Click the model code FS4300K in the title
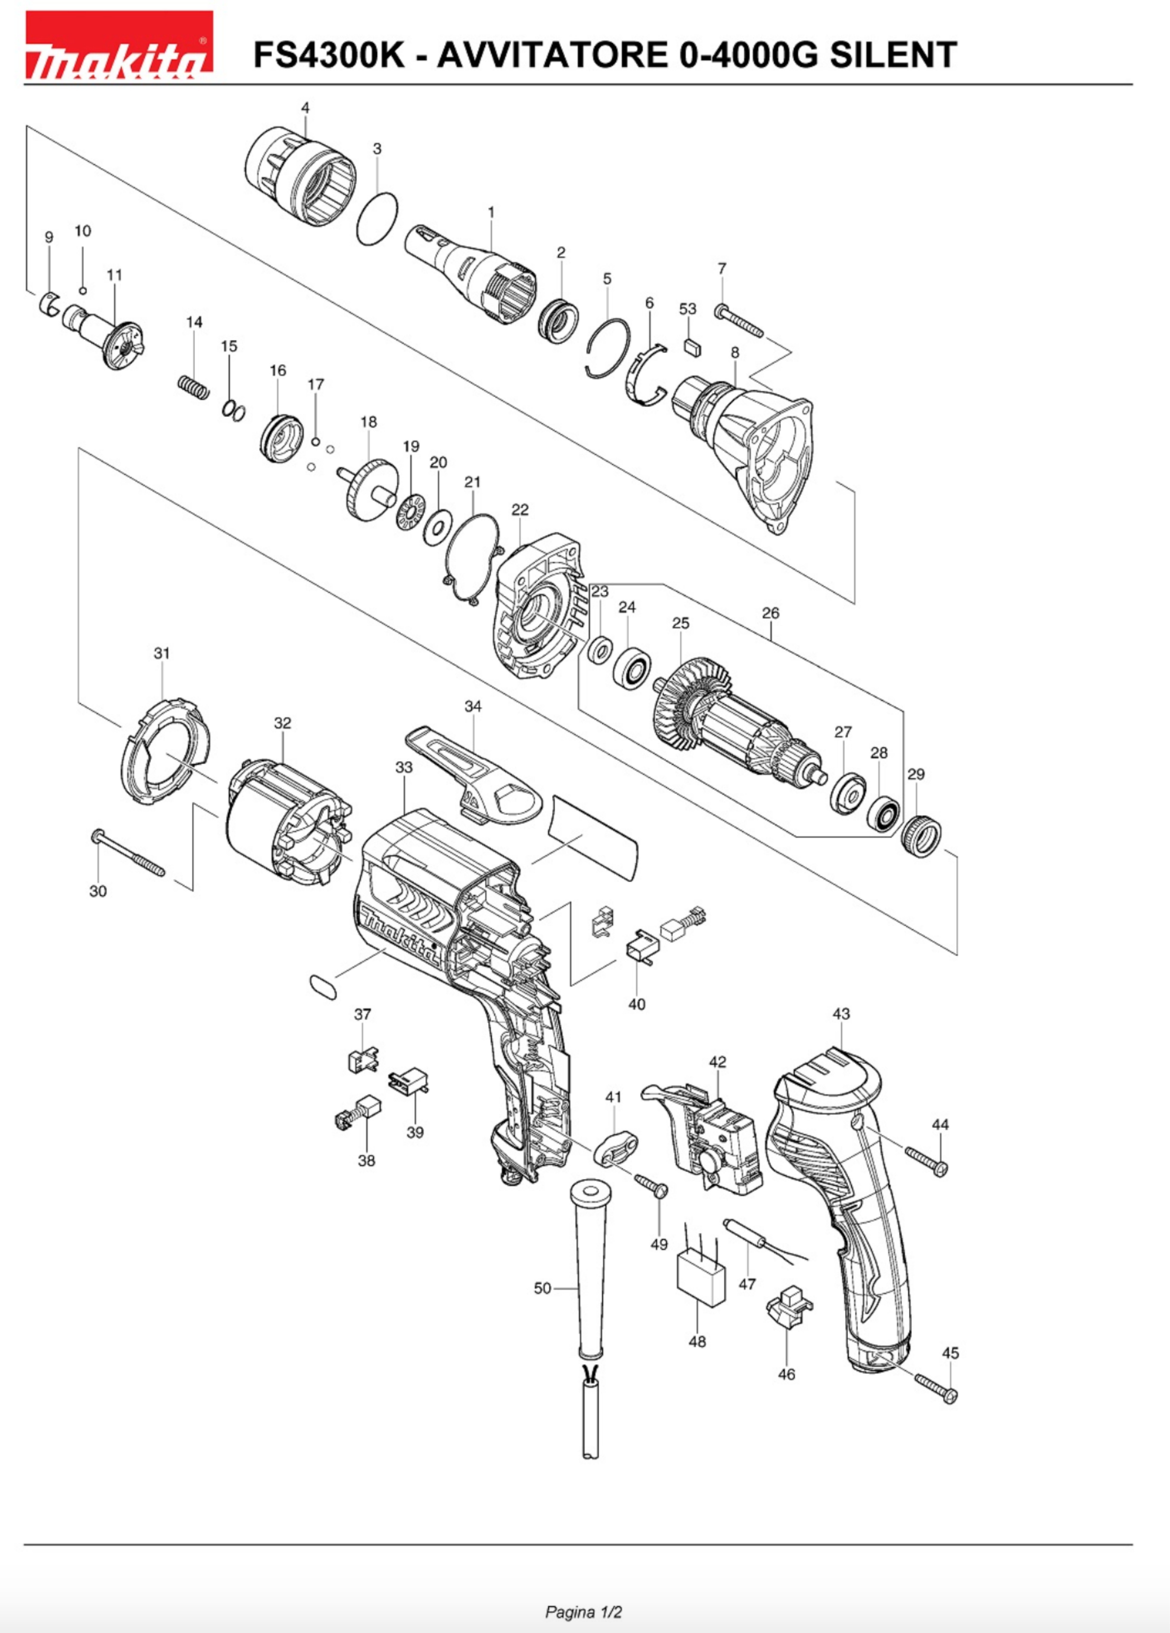click(330, 55)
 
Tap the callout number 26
click(771, 613)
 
